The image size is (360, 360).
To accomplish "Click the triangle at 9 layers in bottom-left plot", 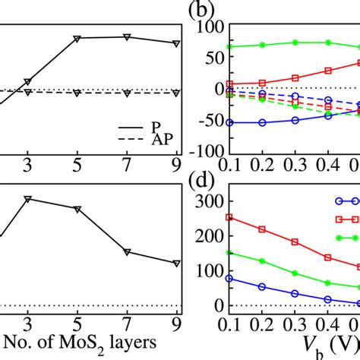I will [x=176, y=264].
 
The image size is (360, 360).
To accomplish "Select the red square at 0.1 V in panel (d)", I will [x=230, y=217].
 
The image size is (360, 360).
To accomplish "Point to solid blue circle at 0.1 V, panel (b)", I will [x=230, y=122].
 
